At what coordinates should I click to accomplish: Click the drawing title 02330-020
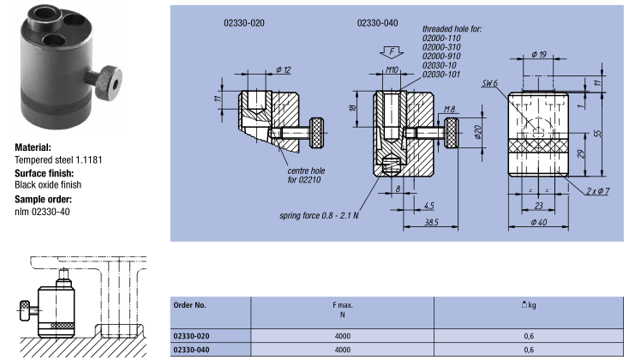[242, 23]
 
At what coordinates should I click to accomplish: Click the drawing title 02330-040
[377, 23]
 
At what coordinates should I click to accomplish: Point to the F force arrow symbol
[386, 51]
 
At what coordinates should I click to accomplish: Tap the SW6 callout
[490, 83]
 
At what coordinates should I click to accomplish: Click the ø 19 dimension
[540, 55]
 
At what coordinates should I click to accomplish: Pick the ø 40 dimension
[540, 225]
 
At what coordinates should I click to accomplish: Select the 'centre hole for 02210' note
[306, 176]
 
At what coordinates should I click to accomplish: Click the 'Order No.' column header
[190, 304]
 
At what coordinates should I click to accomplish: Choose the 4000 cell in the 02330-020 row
[343, 335]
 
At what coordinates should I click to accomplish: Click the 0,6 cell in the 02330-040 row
[529, 350]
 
